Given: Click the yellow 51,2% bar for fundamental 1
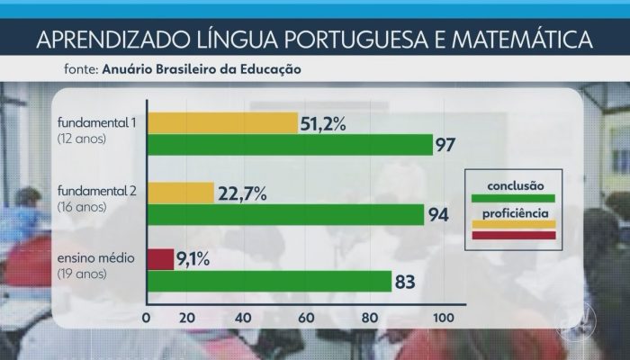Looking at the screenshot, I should (221, 121).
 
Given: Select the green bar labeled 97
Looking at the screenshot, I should (288, 145).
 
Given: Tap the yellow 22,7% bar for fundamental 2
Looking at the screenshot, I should (180, 192).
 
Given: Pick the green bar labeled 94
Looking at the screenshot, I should (283, 214).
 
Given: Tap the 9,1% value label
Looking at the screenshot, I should (194, 259).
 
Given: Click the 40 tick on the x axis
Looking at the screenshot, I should (243, 318).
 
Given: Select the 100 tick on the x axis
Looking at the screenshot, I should (444, 318).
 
